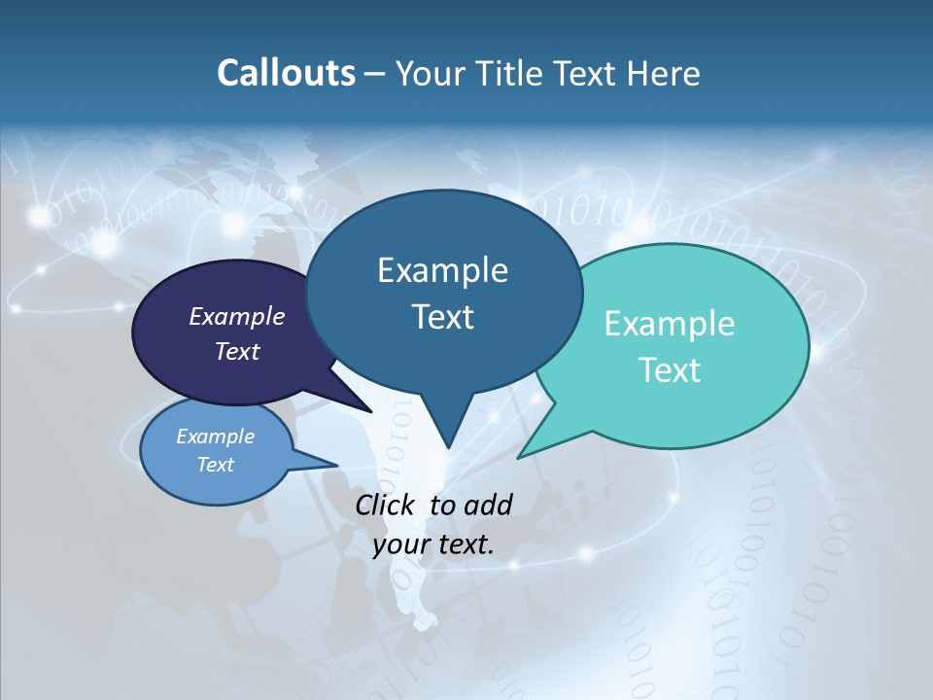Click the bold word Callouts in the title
pyautogui.click(x=286, y=73)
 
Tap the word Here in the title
pyautogui.click(x=663, y=73)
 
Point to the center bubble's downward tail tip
pyautogui.click(x=447, y=448)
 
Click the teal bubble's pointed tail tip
pyautogui.click(x=518, y=457)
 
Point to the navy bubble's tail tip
pyautogui.click(x=370, y=411)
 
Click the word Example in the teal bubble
pyautogui.click(x=670, y=324)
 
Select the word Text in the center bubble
pyautogui.click(x=443, y=317)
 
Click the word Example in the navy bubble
pyautogui.click(x=236, y=316)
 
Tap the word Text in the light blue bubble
pyautogui.click(x=215, y=465)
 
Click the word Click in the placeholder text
pyautogui.click(x=385, y=505)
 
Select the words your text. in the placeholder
pyautogui.click(x=432, y=544)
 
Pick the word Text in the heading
pyautogui.click(x=590, y=73)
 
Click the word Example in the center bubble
pyautogui.click(x=443, y=270)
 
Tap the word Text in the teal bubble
pyautogui.click(x=670, y=370)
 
